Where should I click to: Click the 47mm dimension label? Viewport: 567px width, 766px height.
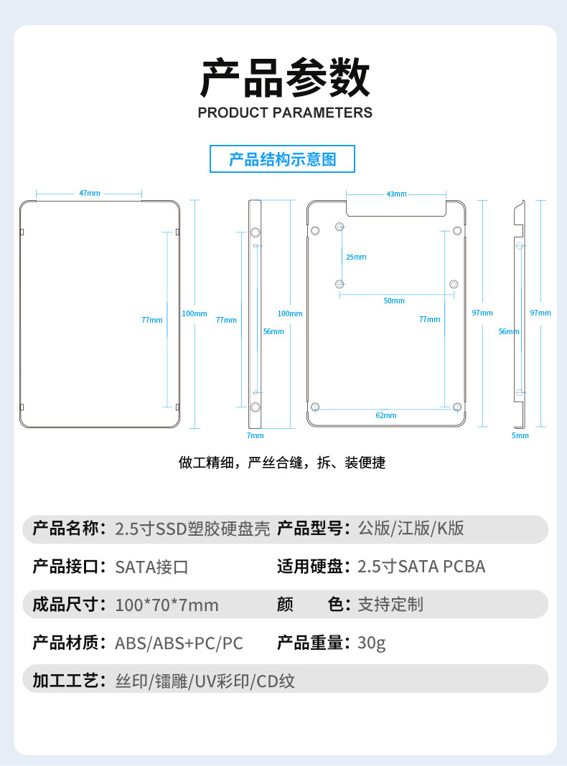click(x=90, y=193)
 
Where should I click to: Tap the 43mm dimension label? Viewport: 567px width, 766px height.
click(x=396, y=194)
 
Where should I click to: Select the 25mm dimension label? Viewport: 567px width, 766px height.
click(x=356, y=257)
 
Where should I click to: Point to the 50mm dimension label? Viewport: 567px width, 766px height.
click(x=394, y=301)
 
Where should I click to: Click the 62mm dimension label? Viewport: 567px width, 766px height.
click(x=385, y=415)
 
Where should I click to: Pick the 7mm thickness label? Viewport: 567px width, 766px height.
click(x=255, y=435)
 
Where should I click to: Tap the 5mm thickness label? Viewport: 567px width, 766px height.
click(x=520, y=435)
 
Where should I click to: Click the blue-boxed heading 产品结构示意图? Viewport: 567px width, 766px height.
click(x=282, y=159)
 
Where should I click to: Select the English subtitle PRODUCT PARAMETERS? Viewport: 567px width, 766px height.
click(x=285, y=113)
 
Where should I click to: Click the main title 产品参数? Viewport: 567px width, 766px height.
click(x=285, y=79)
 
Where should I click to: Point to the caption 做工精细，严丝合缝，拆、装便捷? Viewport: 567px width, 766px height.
click(x=282, y=463)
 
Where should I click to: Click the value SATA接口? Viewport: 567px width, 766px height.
click(x=151, y=567)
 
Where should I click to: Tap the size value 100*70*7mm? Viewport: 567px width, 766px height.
click(x=167, y=605)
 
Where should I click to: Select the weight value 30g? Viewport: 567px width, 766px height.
click(x=372, y=643)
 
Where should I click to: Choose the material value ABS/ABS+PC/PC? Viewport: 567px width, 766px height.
click(x=179, y=643)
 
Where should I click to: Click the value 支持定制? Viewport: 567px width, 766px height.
click(x=390, y=605)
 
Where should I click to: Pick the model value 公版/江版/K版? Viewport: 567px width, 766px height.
click(x=411, y=529)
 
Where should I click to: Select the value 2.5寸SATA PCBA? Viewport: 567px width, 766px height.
click(x=421, y=567)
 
